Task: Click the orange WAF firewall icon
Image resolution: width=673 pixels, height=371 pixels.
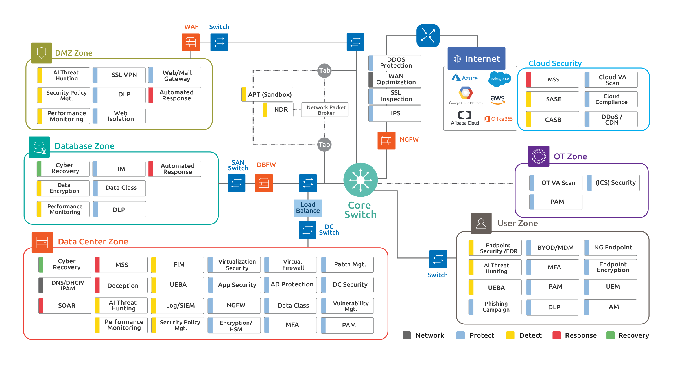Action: (x=191, y=42)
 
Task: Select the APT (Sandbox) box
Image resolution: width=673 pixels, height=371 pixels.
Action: (x=267, y=94)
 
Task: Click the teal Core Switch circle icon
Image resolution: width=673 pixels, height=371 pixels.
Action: (x=360, y=180)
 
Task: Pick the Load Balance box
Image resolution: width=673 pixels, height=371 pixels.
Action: (x=308, y=208)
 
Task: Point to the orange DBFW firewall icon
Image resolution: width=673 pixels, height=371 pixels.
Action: (x=264, y=183)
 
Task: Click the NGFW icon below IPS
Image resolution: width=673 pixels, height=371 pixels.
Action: (x=386, y=140)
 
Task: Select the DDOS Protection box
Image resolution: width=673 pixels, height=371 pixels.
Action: (x=395, y=63)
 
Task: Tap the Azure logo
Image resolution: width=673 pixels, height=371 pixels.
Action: (x=464, y=78)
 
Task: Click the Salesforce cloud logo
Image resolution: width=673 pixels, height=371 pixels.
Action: (x=499, y=79)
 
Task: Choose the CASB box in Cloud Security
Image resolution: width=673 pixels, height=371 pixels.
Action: (x=552, y=120)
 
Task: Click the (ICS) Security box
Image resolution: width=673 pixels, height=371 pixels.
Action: (x=613, y=183)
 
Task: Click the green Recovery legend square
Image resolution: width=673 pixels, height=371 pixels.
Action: (x=610, y=335)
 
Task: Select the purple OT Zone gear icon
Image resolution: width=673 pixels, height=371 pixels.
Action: (x=539, y=156)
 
